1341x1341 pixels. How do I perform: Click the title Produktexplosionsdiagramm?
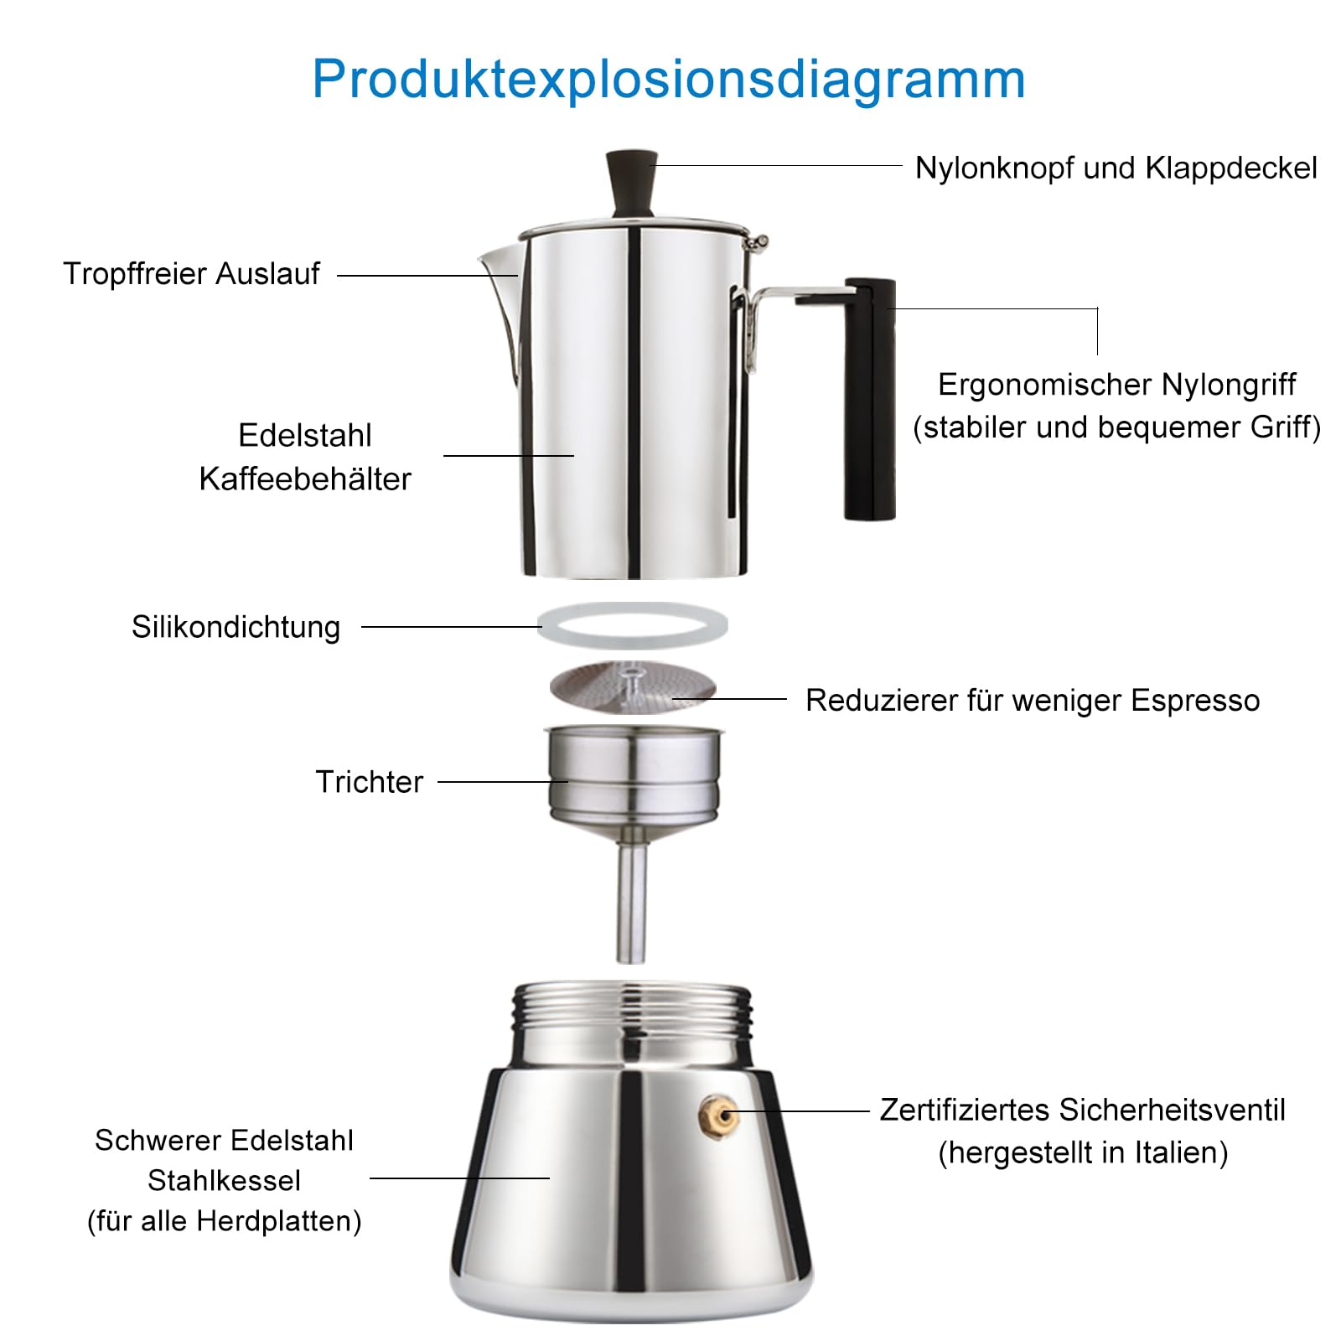tap(669, 80)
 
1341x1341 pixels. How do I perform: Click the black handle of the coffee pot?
tap(869, 399)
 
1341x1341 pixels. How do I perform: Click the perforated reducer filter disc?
tap(633, 686)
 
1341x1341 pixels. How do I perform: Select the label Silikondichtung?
tap(236, 627)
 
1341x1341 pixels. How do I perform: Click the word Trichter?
tap(369, 781)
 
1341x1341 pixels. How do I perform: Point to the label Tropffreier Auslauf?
tap(191, 274)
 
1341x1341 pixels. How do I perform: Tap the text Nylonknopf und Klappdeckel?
tap(1116, 168)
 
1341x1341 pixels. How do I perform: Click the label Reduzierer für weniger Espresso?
tap(1032, 701)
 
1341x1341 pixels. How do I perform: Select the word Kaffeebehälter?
tap(305, 479)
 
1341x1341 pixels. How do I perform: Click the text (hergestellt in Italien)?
tap(1083, 1152)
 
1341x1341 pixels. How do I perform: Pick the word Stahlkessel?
tap(224, 1180)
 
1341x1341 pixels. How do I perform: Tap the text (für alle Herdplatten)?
tap(224, 1220)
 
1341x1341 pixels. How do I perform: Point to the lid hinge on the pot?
tap(758, 242)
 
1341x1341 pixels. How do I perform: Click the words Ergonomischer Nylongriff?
tap(1116, 385)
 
